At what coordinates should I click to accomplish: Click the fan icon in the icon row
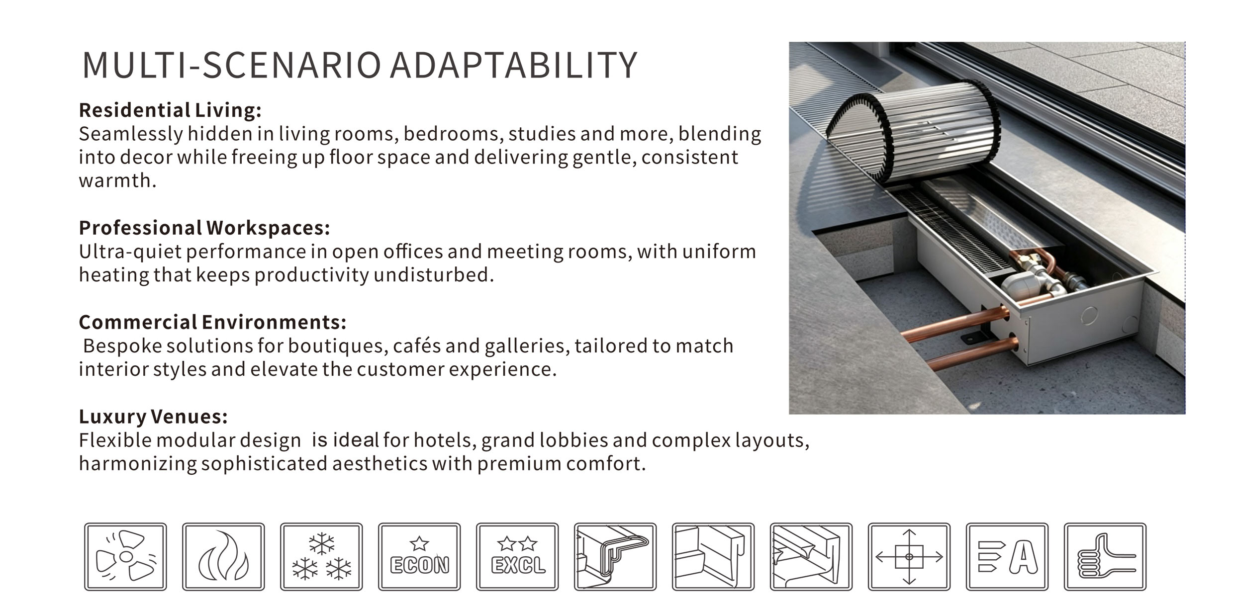125,556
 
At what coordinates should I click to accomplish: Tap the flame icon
223,556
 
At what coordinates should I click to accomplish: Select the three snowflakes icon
321,556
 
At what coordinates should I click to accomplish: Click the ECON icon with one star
419,556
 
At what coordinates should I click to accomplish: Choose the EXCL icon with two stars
517,556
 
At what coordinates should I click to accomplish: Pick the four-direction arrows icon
909,556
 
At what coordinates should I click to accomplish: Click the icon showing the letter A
1007,556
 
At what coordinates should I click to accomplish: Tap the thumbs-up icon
1105,556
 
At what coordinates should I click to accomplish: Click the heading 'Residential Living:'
170,110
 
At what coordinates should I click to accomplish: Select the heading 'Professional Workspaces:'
204,228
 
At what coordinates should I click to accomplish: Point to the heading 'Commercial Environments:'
212,322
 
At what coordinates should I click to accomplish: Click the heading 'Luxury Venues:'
153,417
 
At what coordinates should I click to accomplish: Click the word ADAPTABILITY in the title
513,65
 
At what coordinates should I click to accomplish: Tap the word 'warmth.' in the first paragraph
117,180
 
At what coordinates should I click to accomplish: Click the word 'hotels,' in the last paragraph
445,440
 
